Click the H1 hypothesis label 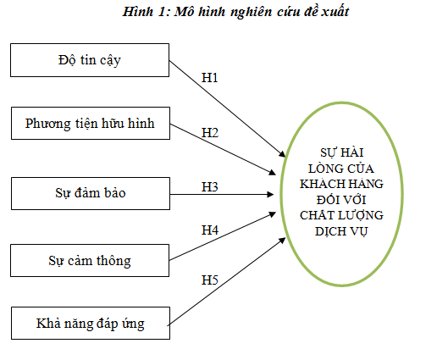[x=210, y=78]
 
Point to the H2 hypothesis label [x=210, y=132]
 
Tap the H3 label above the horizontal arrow [x=210, y=187]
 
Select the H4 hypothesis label [x=210, y=230]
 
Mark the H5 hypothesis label [x=210, y=280]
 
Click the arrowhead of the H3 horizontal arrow [x=270, y=194]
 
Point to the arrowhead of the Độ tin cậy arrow [x=282, y=154]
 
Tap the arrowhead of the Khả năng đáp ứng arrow [x=282, y=241]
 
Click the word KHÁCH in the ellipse [x=318, y=184]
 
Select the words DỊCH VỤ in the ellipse [x=341, y=231]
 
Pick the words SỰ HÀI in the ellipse [x=341, y=152]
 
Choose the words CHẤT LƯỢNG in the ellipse [x=341, y=215]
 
